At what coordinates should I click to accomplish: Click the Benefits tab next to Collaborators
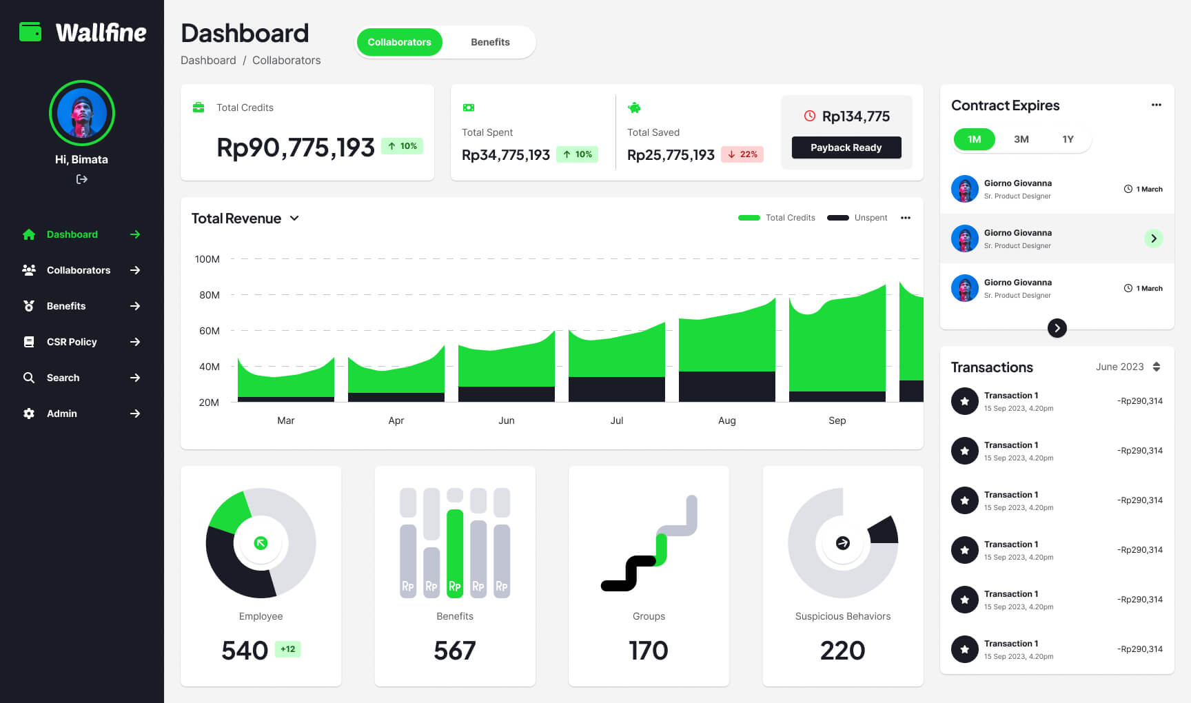490,42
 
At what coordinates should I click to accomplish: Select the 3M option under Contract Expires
1021,139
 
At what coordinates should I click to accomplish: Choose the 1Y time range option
1068,139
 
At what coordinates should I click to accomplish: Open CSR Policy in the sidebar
72,342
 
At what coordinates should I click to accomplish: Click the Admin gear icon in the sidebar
29,414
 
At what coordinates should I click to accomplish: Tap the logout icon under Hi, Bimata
81,179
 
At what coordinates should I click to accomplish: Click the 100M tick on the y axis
207,259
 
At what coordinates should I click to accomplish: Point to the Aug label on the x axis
726,420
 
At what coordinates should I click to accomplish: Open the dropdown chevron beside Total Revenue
294,218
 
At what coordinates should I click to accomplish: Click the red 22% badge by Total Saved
742,154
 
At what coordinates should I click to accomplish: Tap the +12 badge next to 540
287,649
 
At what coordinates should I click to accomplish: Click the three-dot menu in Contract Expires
1156,105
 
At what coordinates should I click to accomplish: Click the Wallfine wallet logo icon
30,32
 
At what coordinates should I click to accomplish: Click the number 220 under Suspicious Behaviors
842,651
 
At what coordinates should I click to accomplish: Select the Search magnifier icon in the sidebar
29,378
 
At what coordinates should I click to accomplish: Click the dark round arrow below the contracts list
1057,328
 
